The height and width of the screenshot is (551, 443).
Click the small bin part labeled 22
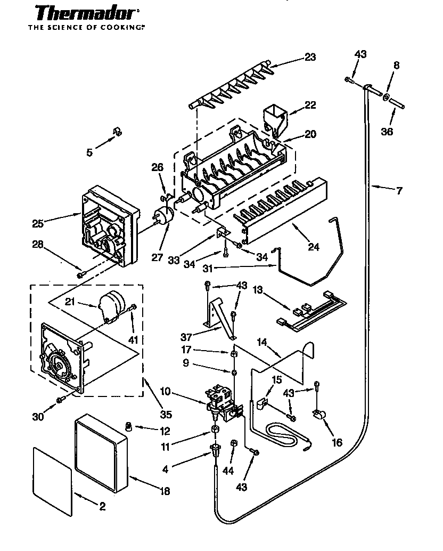[x=275, y=117]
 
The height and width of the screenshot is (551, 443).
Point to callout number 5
[x=89, y=153]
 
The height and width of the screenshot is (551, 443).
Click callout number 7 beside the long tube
[x=399, y=191]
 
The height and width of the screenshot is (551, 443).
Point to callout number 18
[x=165, y=491]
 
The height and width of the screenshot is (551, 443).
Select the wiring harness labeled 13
[x=314, y=312]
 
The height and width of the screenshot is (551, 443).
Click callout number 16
[x=337, y=442]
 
